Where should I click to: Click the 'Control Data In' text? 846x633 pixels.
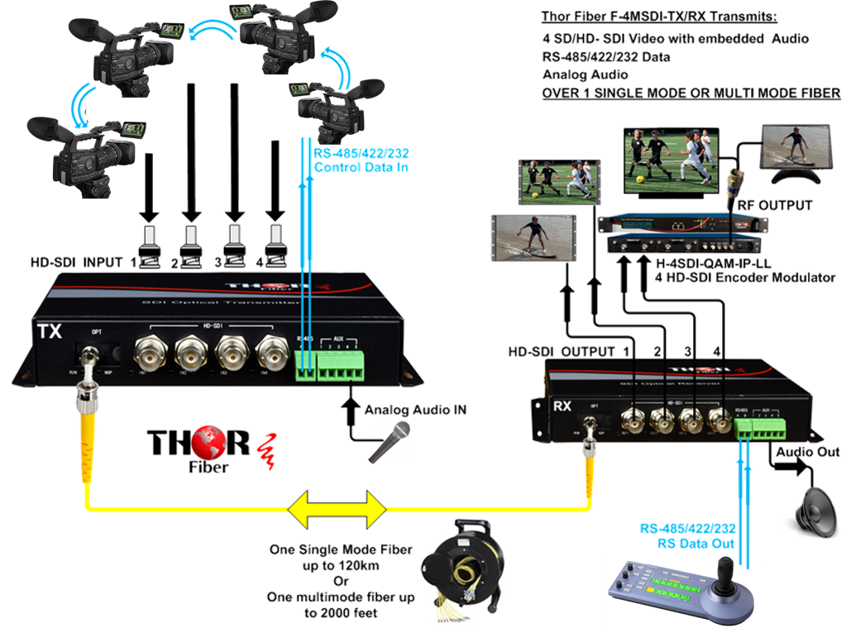361,168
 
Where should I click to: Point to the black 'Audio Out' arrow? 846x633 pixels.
790,467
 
